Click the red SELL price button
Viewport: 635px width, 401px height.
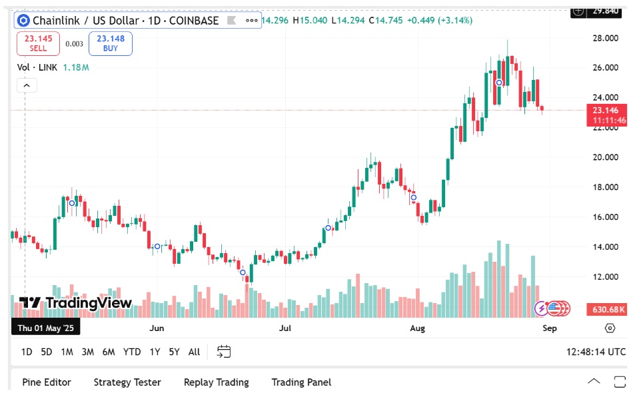38,44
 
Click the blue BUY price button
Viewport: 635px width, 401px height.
111,44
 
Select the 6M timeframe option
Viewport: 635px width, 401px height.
109,352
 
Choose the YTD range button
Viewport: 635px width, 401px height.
132,352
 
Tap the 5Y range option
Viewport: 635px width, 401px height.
174,352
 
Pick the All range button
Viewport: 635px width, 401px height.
194,352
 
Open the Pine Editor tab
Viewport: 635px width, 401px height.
47,382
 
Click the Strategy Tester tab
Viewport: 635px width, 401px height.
127,382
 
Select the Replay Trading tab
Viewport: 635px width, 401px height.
216,382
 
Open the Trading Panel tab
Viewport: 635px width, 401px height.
301,382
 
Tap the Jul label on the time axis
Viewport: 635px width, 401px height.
286,328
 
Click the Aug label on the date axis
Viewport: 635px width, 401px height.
418,328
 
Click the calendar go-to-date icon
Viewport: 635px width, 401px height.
224,352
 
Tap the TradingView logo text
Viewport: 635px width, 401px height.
88,304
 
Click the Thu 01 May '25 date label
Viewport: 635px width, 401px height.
46,328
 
